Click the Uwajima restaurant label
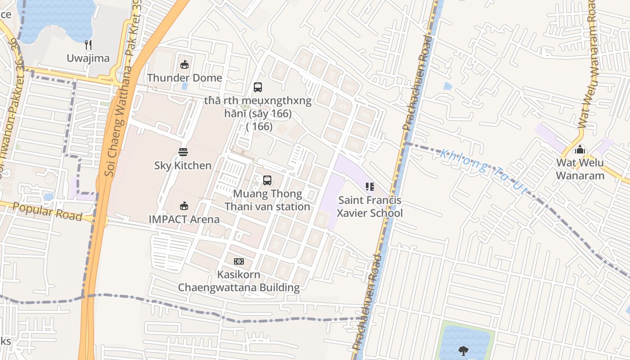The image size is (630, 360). click(88, 58)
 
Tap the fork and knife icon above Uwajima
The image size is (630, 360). click(88, 45)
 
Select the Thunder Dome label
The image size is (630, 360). click(184, 78)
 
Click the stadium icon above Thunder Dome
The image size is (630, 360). click(184, 64)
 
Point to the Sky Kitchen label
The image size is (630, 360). click(183, 166)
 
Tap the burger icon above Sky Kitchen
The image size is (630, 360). click(183, 152)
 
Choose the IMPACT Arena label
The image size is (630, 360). click(184, 220)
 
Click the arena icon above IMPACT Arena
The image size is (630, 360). click(184, 206)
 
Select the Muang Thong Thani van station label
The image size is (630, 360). click(267, 200)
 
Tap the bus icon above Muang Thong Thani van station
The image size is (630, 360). click(267, 180)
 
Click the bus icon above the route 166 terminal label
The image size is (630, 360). click(258, 87)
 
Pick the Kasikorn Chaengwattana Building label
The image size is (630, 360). click(239, 281)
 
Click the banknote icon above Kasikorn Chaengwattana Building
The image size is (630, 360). click(239, 261)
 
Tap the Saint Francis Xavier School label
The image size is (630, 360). click(370, 207)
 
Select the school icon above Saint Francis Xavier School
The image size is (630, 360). click(370, 186)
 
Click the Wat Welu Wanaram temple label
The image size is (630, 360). click(580, 169)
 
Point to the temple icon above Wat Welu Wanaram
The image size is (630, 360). click(580, 149)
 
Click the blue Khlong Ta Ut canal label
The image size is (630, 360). click(483, 171)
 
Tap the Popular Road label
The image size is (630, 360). click(47, 211)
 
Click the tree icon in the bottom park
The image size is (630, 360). click(463, 350)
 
